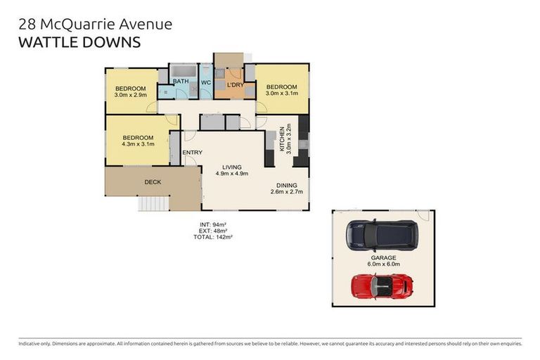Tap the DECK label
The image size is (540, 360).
click(x=153, y=182)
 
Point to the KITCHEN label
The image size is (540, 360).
click(x=282, y=139)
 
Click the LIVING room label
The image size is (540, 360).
click(x=231, y=166)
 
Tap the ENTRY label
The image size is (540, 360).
click(x=192, y=153)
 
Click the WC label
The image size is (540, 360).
click(x=206, y=82)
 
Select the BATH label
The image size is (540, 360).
click(x=181, y=82)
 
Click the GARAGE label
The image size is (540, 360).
click(x=383, y=258)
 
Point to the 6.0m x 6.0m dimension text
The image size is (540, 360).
click(x=383, y=265)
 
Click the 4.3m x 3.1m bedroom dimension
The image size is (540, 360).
click(x=138, y=145)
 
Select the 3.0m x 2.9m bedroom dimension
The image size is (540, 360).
click(x=131, y=95)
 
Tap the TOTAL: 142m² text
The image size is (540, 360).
click(x=213, y=237)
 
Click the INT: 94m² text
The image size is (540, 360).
click(x=213, y=224)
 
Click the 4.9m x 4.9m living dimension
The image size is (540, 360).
click(x=231, y=173)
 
